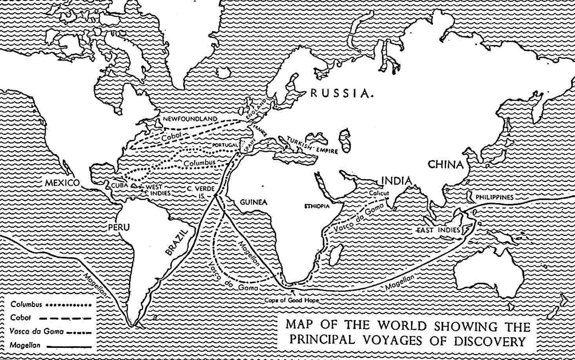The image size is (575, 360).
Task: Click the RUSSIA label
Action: tap(340, 93)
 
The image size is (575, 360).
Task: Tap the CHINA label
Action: tap(445, 164)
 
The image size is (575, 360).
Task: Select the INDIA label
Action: tap(397, 181)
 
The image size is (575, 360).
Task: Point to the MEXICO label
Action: tap(62, 183)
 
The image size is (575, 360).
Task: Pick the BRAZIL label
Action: tap(177, 242)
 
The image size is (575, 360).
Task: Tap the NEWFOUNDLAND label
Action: tap(190, 119)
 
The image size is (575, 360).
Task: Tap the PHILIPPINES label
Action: tap(494, 197)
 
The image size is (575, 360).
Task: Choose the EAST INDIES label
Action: tap(438, 230)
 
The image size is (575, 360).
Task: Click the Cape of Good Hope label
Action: tap(291, 300)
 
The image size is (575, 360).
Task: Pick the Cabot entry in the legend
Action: tap(20, 318)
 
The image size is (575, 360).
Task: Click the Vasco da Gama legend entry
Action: tap(37, 331)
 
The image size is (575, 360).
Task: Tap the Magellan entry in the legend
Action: tap(24, 345)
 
